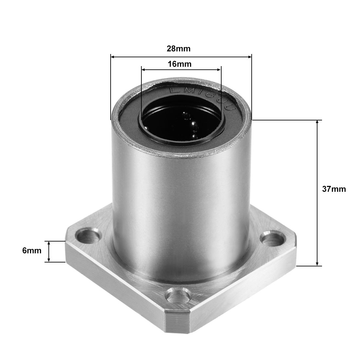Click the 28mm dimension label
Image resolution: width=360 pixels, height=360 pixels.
[x=178, y=49]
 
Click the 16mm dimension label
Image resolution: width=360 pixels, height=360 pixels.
[x=179, y=64]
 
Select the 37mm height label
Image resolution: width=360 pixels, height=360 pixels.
[x=334, y=189]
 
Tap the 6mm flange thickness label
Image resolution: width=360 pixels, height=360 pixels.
[x=32, y=251]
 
